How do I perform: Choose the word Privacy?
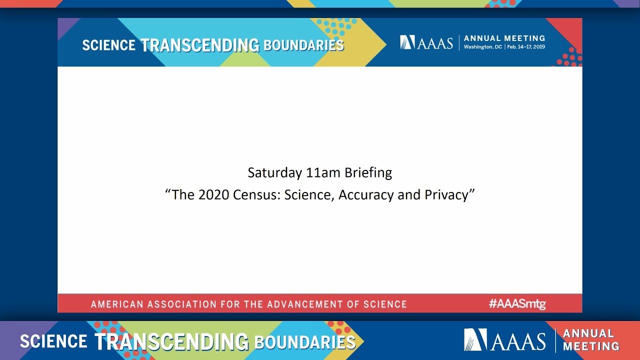446,194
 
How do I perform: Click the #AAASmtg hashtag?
517,303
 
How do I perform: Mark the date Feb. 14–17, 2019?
525,47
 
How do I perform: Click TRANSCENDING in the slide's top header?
199,45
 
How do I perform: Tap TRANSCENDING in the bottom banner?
171,342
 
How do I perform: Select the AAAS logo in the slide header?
426,42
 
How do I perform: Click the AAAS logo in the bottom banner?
504,340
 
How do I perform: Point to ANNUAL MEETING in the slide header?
504,38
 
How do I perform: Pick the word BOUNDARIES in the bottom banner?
304,342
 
